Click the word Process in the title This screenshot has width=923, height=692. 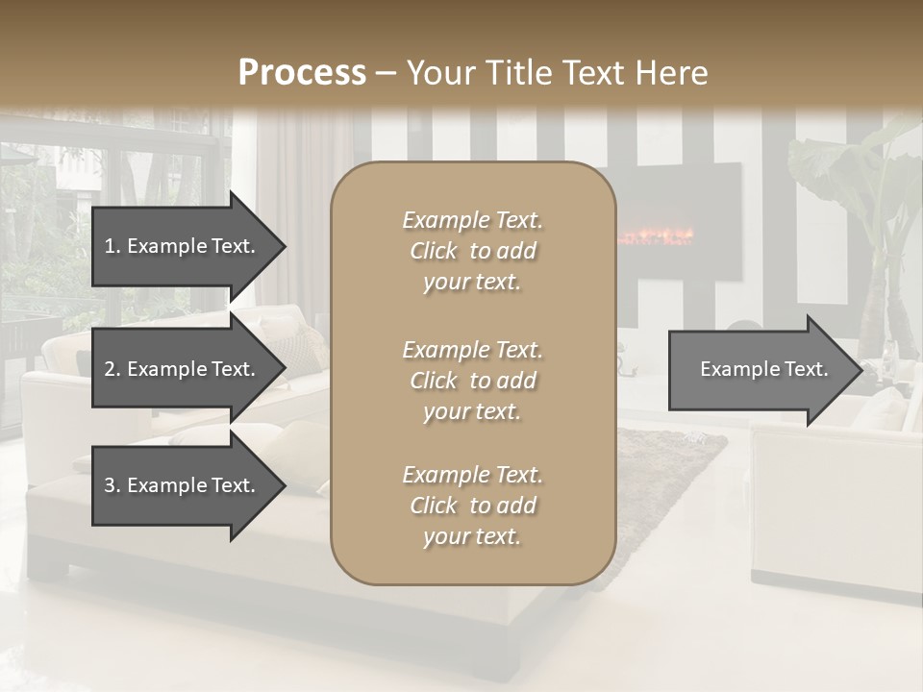coord(302,73)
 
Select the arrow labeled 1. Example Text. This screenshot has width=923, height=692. coord(187,246)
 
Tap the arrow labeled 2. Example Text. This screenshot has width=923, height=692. coord(187,369)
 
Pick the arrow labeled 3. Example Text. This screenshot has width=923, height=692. coord(187,485)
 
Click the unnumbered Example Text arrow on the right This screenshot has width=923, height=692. coord(763,369)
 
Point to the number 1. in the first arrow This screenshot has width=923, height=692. coord(112,246)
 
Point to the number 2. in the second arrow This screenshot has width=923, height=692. coord(112,369)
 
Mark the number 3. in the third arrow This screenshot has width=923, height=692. coord(112,485)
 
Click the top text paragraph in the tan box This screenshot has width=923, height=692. coord(472,251)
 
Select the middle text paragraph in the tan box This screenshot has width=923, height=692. coord(472,381)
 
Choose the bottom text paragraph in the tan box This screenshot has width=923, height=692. coord(472,506)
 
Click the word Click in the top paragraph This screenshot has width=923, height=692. coord(434,252)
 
